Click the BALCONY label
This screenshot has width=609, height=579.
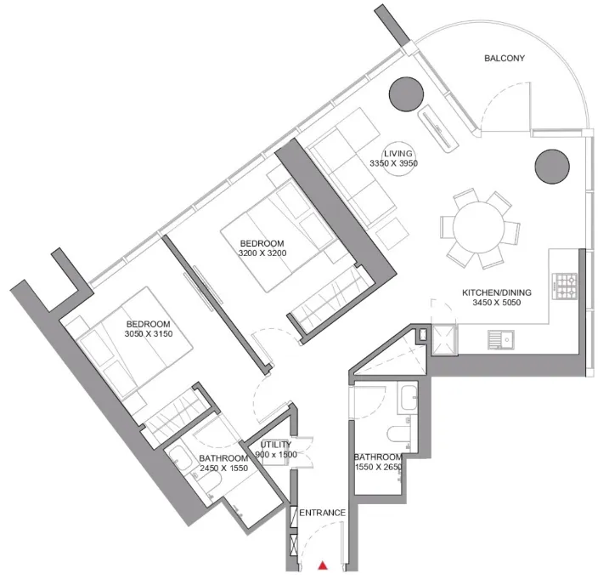[x=505, y=59]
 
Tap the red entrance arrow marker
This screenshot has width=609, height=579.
[x=323, y=564]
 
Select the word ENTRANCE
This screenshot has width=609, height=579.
[x=322, y=513]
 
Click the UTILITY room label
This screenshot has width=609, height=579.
[x=276, y=444]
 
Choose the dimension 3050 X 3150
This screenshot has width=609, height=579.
[x=148, y=334]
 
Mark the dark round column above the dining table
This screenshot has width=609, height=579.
[x=552, y=164]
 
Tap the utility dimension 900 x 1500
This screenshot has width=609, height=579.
[x=276, y=455]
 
